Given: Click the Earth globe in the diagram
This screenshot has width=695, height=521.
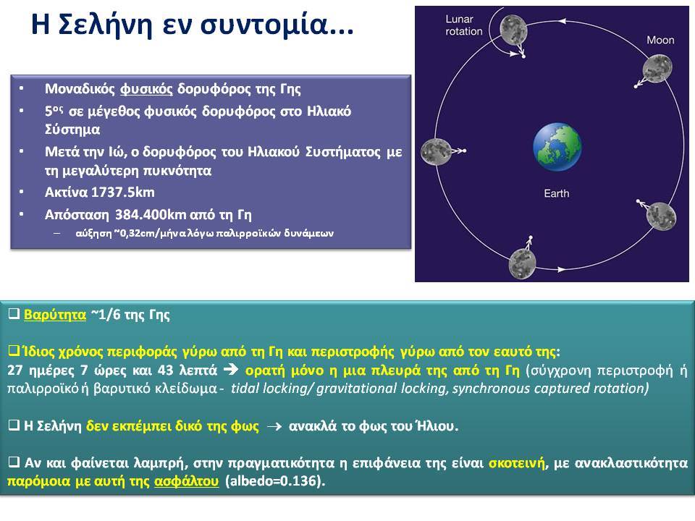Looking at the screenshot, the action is point(557,147).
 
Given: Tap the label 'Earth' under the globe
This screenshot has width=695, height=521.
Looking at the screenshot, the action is point(556,194).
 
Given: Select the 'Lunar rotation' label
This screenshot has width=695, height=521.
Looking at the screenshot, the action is point(463,25).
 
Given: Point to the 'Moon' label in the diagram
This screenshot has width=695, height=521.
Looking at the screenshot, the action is point(660,41).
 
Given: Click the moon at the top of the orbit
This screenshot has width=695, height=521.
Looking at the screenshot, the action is point(513,30).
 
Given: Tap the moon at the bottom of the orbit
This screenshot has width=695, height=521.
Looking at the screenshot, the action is point(522,263).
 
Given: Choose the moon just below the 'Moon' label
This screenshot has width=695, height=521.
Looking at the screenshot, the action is point(657,69).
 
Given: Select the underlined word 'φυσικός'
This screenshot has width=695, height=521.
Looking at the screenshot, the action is point(146,89).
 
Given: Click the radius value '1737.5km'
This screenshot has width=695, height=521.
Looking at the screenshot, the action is point(123,192).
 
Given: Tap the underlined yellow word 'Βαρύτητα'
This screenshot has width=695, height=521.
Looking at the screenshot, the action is point(55,315).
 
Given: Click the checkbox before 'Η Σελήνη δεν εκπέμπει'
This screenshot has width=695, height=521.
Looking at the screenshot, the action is point(14,425).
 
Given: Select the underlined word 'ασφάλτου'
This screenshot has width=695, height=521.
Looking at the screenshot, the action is point(186,481).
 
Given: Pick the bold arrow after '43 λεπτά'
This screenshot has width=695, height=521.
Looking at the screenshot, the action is point(231,370).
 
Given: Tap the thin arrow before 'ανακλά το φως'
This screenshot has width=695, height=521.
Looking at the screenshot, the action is point(275,427).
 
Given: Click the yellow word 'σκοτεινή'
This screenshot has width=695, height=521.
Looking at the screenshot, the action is point(517,463).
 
